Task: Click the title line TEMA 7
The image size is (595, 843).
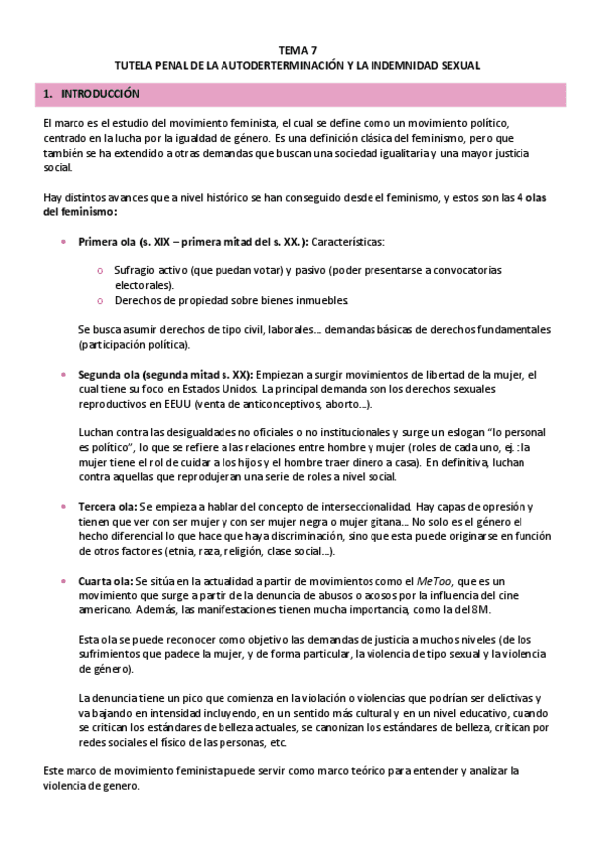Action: [297, 48]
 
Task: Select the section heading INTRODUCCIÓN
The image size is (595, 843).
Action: [99, 94]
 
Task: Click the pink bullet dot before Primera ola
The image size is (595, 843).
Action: [66, 242]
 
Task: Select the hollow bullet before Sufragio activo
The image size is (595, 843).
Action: [100, 270]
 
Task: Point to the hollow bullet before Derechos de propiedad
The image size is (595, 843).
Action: [100, 300]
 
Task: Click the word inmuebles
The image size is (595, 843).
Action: [322, 300]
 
